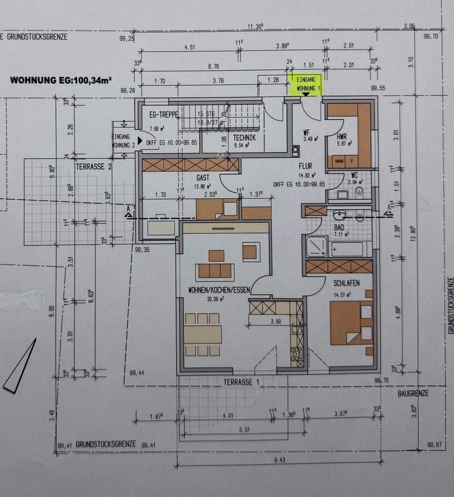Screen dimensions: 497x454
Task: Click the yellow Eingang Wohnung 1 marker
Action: pyautogui.click(x=307, y=84)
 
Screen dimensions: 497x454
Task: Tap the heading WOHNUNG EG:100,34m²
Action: pyautogui.click(x=62, y=80)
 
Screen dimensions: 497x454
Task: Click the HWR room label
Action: pyautogui.click(x=341, y=136)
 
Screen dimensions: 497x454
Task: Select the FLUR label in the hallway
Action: pyautogui.click(x=306, y=167)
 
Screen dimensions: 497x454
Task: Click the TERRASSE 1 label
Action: pyautogui.click(x=241, y=382)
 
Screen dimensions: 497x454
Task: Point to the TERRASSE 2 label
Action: pyautogui.click(x=94, y=167)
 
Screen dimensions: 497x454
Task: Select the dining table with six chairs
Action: pyautogui.click(x=203, y=334)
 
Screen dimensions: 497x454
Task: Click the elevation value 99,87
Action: pyautogui.click(x=435, y=444)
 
